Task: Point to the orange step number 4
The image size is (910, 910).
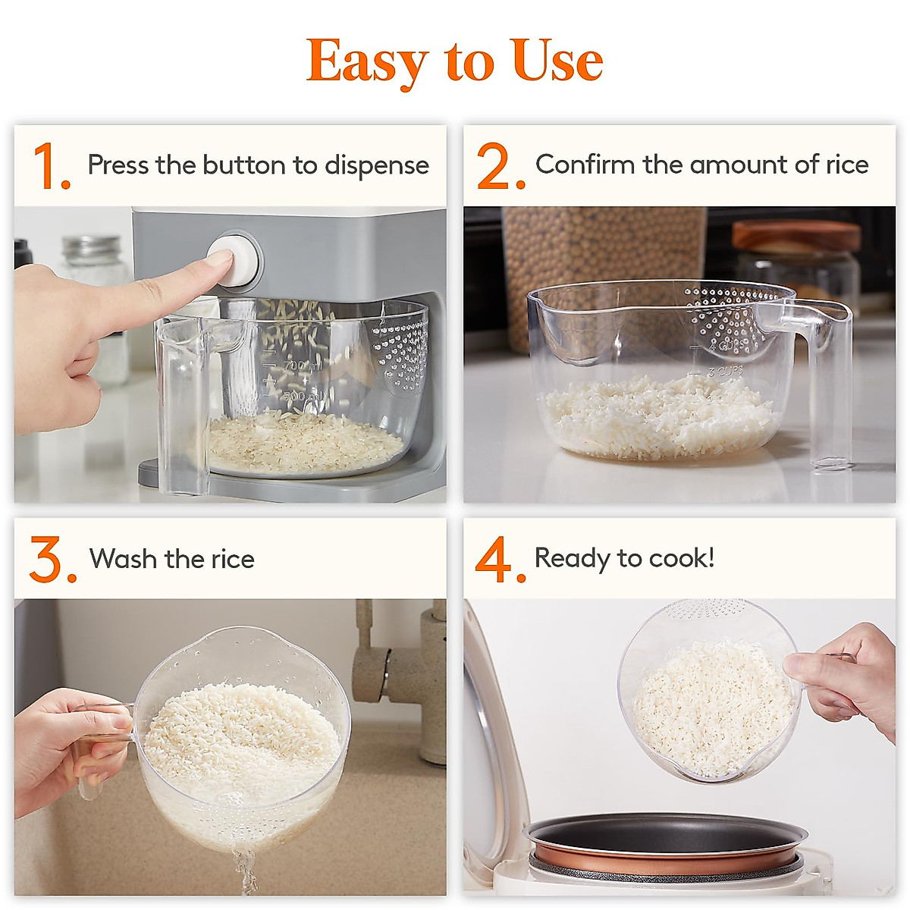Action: pyautogui.click(x=498, y=560)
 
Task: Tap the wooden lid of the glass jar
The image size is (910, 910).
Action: pyautogui.click(x=796, y=236)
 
